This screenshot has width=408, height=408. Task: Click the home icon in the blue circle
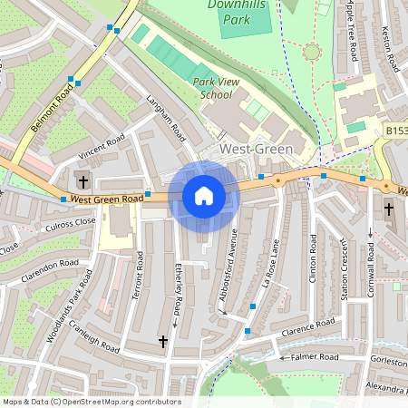(x=204, y=196)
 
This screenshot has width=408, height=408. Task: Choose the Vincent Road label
(x=101, y=145)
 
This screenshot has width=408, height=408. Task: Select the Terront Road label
(x=139, y=276)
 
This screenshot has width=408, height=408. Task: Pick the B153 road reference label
(x=395, y=131)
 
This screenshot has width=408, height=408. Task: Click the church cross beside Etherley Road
(x=163, y=341)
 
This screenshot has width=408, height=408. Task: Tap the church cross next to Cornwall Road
(x=389, y=209)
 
